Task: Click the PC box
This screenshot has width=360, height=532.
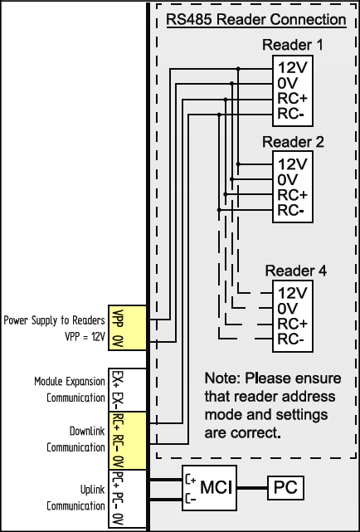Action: [286, 487]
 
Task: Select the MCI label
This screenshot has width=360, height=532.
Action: [216, 487]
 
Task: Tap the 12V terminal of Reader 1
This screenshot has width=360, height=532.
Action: [293, 68]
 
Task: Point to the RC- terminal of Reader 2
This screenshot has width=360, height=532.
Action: [290, 211]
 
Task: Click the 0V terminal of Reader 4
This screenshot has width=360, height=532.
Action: [287, 309]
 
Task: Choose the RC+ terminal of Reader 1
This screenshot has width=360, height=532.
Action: [293, 99]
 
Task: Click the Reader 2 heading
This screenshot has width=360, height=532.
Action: [293, 142]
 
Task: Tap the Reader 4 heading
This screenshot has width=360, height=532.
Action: [296, 271]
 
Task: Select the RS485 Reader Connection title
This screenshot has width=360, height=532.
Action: [256, 20]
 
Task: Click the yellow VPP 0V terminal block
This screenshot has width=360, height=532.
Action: [127, 327]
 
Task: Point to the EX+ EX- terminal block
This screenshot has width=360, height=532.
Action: [127, 390]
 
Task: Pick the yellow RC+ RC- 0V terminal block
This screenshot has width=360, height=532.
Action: [127, 441]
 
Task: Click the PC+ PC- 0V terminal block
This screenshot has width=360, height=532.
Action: [127, 499]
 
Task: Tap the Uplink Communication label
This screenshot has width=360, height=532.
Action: [76, 498]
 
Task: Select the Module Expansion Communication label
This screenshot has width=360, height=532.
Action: [70, 389]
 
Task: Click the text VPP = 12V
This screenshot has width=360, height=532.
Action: [85, 337]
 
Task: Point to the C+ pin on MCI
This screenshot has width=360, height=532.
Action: [191, 480]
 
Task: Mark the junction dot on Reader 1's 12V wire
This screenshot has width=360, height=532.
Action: [238, 69]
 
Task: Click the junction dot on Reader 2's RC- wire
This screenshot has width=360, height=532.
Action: [219, 210]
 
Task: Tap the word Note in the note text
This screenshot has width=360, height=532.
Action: [222, 378]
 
